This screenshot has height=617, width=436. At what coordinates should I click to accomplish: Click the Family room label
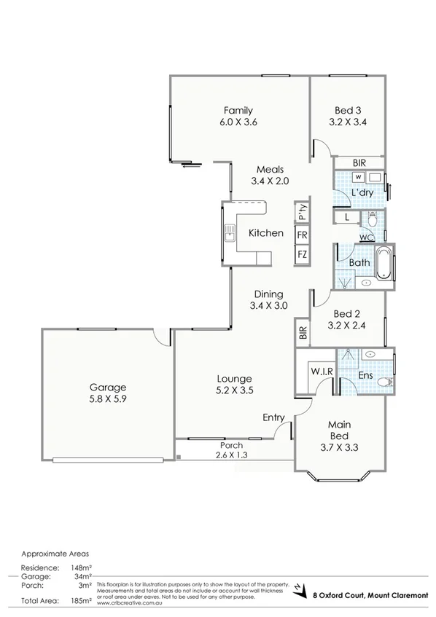click(x=238, y=111)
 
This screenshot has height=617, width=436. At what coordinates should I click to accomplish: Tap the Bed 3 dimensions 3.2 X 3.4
click(x=347, y=122)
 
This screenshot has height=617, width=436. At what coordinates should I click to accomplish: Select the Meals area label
click(x=269, y=169)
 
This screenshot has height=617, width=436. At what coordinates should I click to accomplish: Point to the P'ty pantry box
click(x=302, y=212)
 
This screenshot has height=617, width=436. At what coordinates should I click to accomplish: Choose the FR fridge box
click(x=302, y=235)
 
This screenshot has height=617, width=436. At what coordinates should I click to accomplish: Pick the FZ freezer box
click(x=302, y=254)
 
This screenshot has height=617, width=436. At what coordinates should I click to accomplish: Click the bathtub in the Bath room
click(x=384, y=263)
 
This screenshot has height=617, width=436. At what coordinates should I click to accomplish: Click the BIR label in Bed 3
click(x=359, y=163)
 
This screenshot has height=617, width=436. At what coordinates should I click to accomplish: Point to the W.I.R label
click(x=322, y=372)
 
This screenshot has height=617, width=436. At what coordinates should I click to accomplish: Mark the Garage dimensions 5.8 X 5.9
click(x=108, y=399)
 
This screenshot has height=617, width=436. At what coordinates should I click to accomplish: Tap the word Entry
click(x=273, y=417)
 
